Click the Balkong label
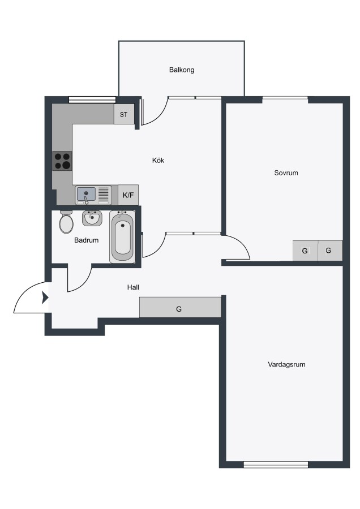click(x=182, y=70)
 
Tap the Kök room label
click(x=158, y=160)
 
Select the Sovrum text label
click(x=286, y=172)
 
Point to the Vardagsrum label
click(x=286, y=364)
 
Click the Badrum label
click(x=86, y=240)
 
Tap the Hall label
click(x=133, y=287)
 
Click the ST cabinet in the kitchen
click(x=124, y=114)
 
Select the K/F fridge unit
click(x=128, y=195)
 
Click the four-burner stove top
click(x=62, y=161)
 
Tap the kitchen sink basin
click(x=86, y=195)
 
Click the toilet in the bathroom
click(x=66, y=222)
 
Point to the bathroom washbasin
click(x=92, y=218)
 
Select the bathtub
click(x=122, y=236)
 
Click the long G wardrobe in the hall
click(x=180, y=307)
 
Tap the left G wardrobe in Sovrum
click(x=305, y=251)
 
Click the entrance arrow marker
click(x=45, y=297)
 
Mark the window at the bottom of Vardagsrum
click(x=276, y=464)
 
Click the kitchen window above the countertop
click(x=92, y=100)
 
